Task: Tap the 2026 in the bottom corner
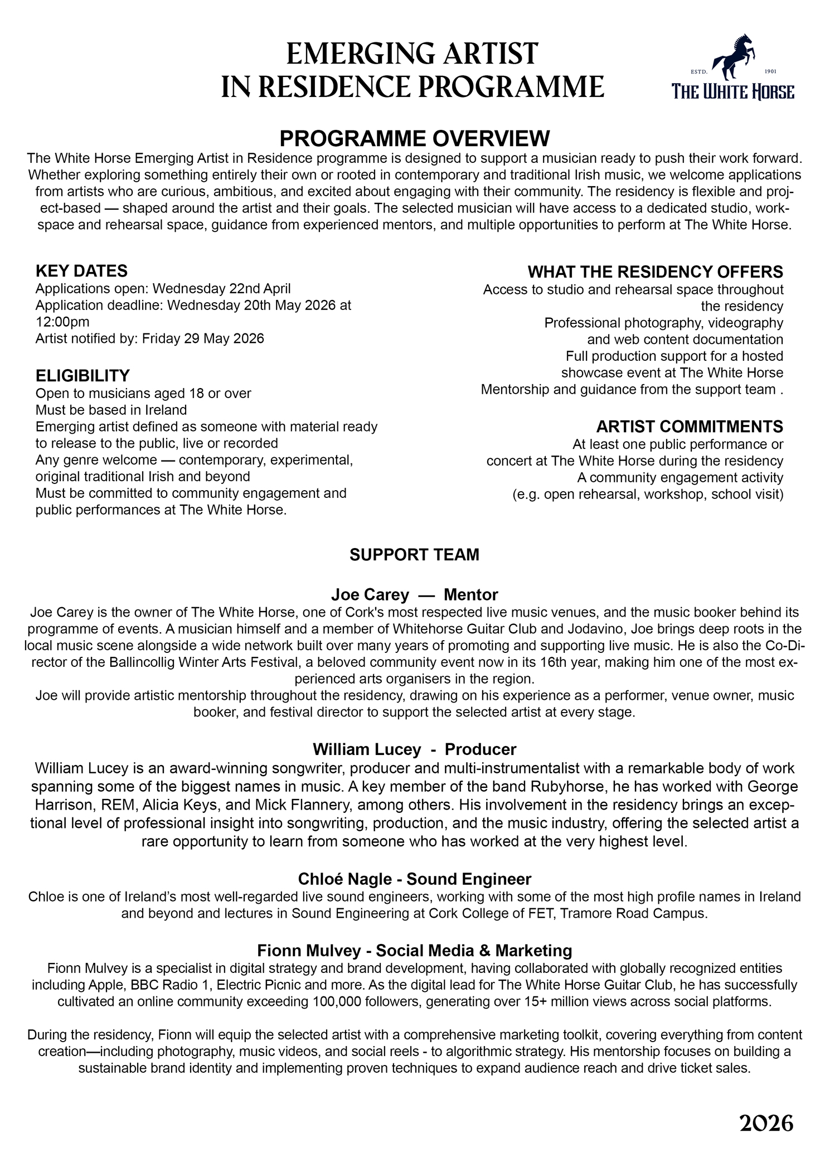click(x=766, y=1124)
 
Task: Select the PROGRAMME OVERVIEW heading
click(x=414, y=138)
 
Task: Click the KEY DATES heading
click(x=81, y=271)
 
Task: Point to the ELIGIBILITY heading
click(x=82, y=375)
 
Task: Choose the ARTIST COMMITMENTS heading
click(x=690, y=427)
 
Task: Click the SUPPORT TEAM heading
click(x=414, y=555)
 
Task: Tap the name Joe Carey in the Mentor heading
click(x=370, y=594)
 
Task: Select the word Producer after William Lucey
click(x=481, y=749)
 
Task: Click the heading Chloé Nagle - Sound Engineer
click(x=414, y=879)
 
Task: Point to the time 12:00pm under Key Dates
click(x=62, y=322)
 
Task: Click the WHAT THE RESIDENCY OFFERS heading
click(x=655, y=272)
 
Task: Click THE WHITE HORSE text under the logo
click(x=733, y=91)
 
